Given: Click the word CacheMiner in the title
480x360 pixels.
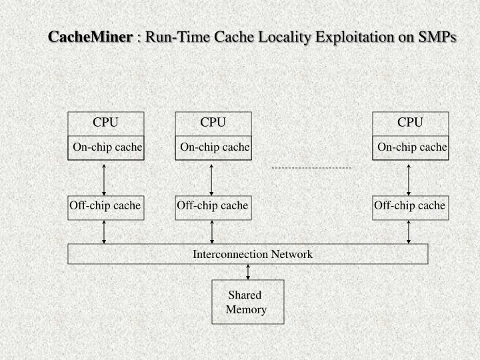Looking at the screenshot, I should tap(90, 37).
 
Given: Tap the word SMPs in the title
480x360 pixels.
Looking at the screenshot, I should tap(437, 37).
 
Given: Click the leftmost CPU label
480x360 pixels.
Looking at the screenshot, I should tap(105, 122).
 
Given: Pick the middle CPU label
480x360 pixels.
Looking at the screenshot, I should tap(213, 122).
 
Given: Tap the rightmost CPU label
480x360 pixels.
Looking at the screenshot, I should tap(410, 122).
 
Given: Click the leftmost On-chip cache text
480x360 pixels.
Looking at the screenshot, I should tap(107, 147).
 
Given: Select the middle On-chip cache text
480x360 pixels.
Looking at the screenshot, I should tap(215, 147).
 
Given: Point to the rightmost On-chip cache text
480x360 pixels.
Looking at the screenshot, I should tap(412, 147).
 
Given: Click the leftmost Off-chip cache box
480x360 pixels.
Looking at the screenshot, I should tap(105, 206).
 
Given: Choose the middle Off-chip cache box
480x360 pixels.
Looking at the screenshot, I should tap(213, 206).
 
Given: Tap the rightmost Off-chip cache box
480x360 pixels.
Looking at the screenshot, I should tap(409, 206).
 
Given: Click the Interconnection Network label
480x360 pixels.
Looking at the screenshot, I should tap(253, 254).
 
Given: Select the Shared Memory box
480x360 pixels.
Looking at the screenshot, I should tap(247, 302).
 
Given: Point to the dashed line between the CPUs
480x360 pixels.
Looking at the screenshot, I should tap(311, 168).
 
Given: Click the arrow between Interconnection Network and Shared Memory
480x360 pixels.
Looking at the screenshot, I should tap(248, 272).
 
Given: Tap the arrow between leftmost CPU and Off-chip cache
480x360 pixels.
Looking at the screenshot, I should tap(104, 178).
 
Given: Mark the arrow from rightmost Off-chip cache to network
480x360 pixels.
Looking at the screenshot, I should tap(409, 231).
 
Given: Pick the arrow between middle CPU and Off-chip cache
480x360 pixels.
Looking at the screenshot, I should tap(211, 178).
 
